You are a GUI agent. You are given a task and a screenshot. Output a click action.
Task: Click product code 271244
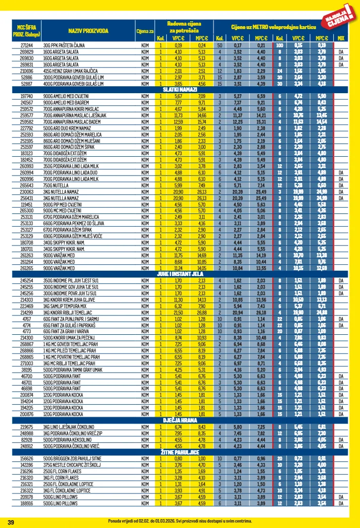(26, 45)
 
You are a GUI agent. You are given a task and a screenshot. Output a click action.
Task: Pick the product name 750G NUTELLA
(55, 185)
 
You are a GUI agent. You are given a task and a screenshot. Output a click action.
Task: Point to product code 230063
(26, 191)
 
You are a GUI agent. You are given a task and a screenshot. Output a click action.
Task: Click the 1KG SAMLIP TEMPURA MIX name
(64, 306)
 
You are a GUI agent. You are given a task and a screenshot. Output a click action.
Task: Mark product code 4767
(26, 318)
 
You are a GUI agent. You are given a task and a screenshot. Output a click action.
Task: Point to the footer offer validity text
(180, 521)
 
